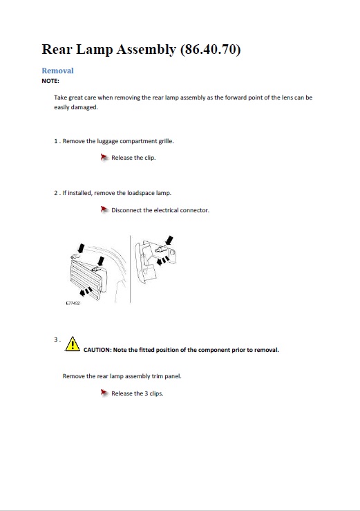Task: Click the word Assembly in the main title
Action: point(146,50)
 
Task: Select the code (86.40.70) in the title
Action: point(211,50)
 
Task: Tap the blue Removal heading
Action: point(57,71)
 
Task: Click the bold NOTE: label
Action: point(50,81)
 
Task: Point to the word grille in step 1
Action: point(166,141)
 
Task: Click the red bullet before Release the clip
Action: point(104,158)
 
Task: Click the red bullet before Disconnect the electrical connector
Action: point(104,210)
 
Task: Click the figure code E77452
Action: point(73,303)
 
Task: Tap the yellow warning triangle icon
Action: point(73,344)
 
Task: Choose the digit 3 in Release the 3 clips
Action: point(146,393)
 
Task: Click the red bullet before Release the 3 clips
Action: point(104,393)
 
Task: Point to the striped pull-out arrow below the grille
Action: point(86,291)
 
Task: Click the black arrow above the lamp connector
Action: point(170,241)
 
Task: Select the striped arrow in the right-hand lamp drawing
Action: point(163,261)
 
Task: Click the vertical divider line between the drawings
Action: point(131,269)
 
